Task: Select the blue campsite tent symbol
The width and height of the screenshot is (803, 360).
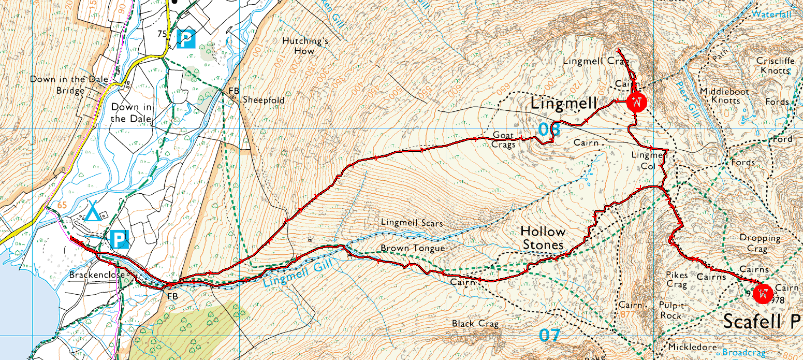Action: click(93, 212)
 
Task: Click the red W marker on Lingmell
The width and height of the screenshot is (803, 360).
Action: click(636, 102)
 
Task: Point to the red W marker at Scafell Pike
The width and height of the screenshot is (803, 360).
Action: click(762, 293)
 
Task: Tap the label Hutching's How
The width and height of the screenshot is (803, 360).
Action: click(304, 46)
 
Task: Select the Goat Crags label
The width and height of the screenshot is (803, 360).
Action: click(504, 140)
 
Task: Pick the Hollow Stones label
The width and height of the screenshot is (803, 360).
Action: click(543, 238)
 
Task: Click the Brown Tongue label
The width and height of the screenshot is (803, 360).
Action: click(413, 248)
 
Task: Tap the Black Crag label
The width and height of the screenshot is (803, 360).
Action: click(475, 324)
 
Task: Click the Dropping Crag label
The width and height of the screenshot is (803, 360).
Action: click(760, 243)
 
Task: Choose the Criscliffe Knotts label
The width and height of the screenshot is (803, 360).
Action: click(773, 65)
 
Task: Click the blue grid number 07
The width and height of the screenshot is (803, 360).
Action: click(549, 335)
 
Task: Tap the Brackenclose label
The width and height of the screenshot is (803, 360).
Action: click(97, 275)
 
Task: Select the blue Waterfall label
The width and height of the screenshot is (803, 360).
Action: click(771, 15)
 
